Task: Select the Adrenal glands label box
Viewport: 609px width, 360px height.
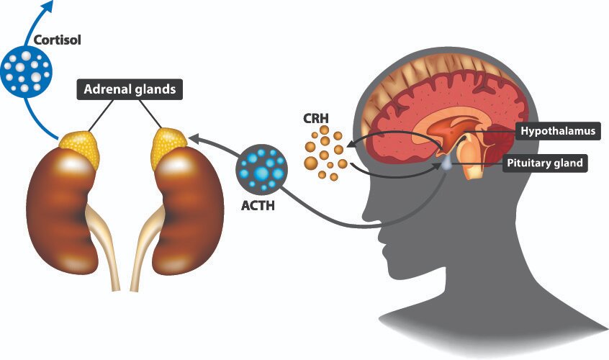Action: pyautogui.click(x=129, y=91)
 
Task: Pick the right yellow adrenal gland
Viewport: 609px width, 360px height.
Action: pyautogui.click(x=170, y=146)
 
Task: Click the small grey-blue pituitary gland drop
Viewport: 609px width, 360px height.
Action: pyautogui.click(x=448, y=163)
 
